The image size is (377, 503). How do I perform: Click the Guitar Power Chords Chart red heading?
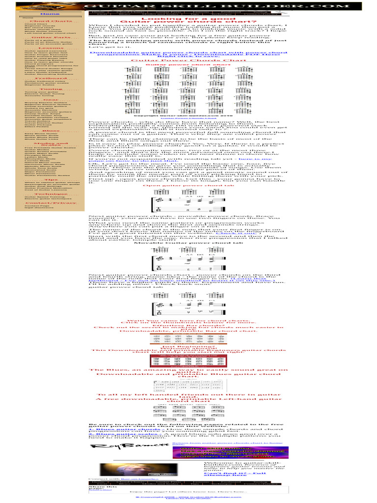(188, 60)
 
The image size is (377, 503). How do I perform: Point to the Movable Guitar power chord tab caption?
(188, 243)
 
